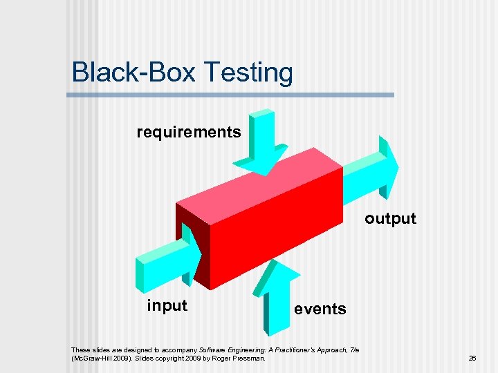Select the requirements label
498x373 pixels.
tap(189, 132)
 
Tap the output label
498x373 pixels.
tap(391, 219)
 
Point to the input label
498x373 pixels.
tap(167, 305)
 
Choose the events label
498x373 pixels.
tap(320, 309)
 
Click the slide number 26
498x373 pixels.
tap(473, 358)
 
